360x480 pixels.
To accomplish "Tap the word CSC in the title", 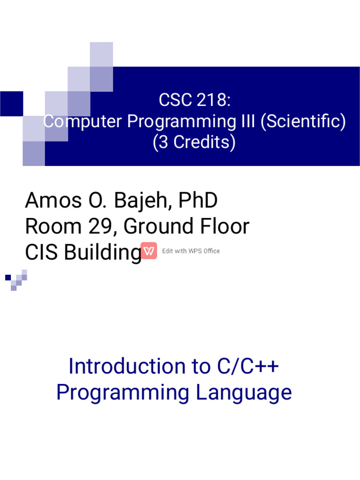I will (x=175, y=100).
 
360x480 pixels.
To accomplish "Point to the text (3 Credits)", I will (x=194, y=142).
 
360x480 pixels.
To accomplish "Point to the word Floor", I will (x=225, y=227).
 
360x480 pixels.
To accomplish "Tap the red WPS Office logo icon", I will (x=149, y=251).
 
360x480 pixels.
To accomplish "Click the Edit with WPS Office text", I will (x=191, y=251).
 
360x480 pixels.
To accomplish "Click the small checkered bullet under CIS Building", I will (x=16, y=280).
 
